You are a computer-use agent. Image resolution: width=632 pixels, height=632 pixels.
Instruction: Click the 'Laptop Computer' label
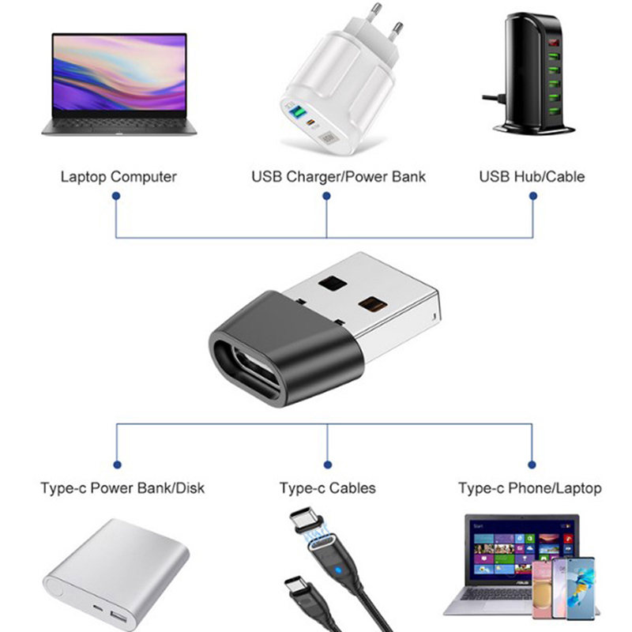pos(118,176)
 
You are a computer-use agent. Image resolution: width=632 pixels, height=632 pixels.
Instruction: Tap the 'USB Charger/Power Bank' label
pos(338,176)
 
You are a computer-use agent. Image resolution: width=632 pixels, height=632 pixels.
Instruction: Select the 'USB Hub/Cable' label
pos(532,176)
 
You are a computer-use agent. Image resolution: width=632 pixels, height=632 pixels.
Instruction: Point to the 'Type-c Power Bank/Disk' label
pos(122,488)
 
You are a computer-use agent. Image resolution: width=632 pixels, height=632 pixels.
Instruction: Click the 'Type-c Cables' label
pos(327,488)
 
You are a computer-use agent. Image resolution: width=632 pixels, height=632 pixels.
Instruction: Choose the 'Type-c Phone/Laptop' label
pos(529,488)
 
